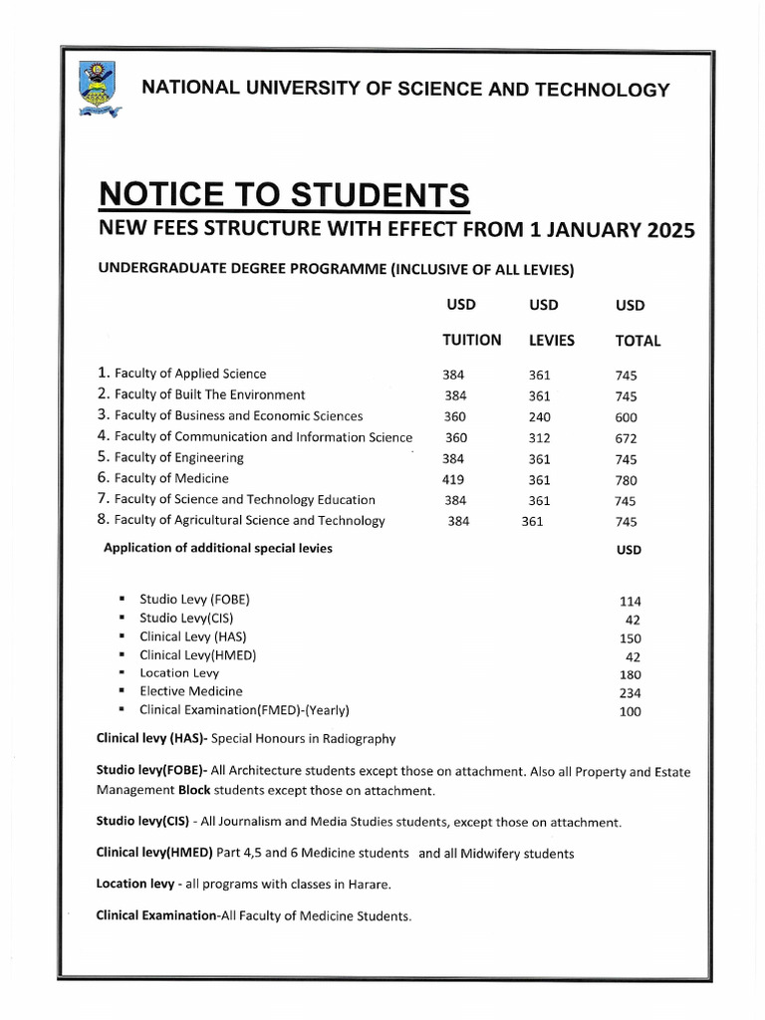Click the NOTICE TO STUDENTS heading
(283, 194)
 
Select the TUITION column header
(471, 340)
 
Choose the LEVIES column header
(551, 340)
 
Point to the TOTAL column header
(637, 340)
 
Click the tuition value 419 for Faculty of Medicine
(453, 479)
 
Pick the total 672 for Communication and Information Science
(626, 438)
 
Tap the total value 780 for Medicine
(626, 480)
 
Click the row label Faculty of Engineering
(179, 458)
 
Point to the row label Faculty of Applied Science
(190, 374)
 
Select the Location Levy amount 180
(630, 675)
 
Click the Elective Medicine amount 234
(630, 693)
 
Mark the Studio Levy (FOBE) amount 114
(630, 601)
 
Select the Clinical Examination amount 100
(630, 712)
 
